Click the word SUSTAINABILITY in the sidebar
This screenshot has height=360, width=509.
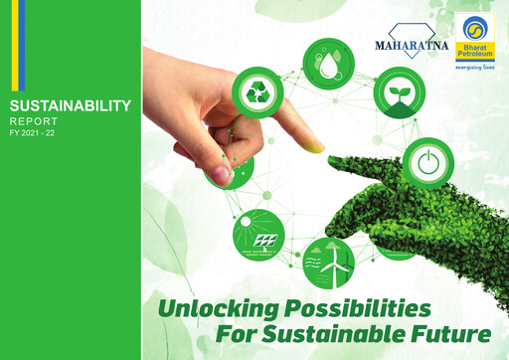(69, 104)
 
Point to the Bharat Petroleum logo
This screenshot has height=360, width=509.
(473, 37)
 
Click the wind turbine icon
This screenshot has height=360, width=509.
(328, 261)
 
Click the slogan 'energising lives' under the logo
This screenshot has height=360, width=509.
(475, 70)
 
